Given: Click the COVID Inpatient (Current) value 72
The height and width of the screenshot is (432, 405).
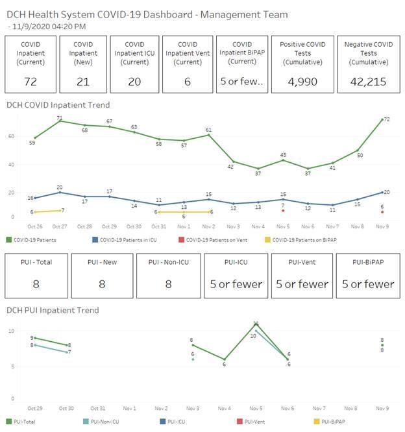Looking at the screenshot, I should (30, 81).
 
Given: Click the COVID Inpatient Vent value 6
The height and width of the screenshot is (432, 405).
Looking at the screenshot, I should (187, 81).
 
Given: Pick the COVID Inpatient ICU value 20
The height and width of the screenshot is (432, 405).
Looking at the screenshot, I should (134, 81).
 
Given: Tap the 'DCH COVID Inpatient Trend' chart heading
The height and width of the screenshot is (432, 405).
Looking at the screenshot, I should (58, 104).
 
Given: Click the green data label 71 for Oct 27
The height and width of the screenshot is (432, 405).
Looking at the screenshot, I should (59, 118).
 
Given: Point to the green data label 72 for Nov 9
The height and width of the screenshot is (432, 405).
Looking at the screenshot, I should (386, 120).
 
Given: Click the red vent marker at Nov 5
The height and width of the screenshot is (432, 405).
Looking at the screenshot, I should (283, 211).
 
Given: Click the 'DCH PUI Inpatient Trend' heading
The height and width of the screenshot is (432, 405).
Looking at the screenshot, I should (53, 310).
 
